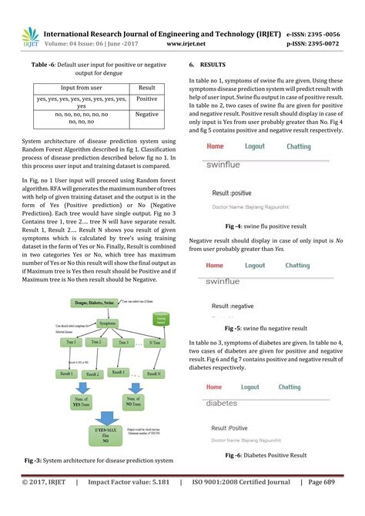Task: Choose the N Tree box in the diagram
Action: click(x=153, y=342)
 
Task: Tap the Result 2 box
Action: click(x=93, y=374)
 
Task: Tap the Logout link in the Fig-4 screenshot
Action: click(x=255, y=146)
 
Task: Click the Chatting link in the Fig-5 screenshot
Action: click(x=299, y=266)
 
